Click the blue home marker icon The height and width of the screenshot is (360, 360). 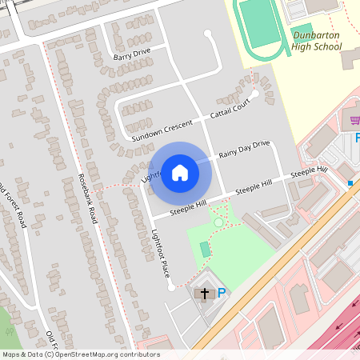click(180, 173)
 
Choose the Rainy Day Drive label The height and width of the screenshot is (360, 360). click(245, 149)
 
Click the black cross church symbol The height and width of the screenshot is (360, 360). click(204, 294)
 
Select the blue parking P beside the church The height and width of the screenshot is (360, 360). click(221, 294)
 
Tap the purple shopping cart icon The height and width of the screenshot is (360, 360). click(355, 121)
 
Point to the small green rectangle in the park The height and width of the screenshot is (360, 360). click(206, 250)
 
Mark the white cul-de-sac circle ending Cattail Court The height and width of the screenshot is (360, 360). click(255, 94)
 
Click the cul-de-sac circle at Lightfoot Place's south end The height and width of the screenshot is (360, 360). click(170, 288)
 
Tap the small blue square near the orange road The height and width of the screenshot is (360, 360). click(350, 182)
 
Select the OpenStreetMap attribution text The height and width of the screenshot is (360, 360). click(80, 354)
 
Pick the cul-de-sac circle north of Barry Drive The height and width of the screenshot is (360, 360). click(209, 34)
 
